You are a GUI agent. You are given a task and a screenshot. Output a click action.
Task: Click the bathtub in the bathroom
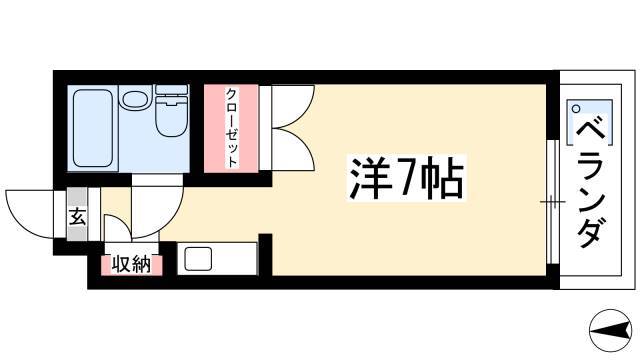pos(93,128)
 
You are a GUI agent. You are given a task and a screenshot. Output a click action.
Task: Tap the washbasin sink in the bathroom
pos(136,99)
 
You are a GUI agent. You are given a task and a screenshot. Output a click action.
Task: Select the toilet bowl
pos(172,117)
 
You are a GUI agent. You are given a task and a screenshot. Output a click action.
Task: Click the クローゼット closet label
pos(231,128)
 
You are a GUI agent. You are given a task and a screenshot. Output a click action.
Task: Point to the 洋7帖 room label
pos(407,178)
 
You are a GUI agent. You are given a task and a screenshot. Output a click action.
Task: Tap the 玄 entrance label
pos(77,216)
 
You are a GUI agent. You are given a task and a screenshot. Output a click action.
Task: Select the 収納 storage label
pos(131,264)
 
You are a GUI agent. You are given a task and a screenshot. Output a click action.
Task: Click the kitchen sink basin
pos(198,259)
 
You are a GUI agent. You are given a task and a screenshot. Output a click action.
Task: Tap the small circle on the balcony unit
pos(576,109)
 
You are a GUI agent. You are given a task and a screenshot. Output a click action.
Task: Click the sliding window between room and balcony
pos(553,202)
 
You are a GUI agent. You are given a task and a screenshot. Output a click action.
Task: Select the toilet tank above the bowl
pos(172,90)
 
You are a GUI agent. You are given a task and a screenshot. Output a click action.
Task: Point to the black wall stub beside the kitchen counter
pos(266,254)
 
